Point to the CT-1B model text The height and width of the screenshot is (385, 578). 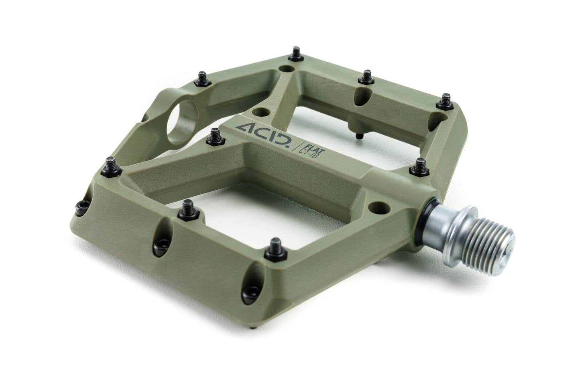[313, 155]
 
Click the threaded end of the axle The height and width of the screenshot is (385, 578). [480, 241]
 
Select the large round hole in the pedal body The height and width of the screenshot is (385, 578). [182, 122]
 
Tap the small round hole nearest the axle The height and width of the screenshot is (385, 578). [379, 207]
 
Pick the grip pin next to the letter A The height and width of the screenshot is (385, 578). [216, 137]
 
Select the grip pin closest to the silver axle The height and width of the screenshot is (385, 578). [420, 167]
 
